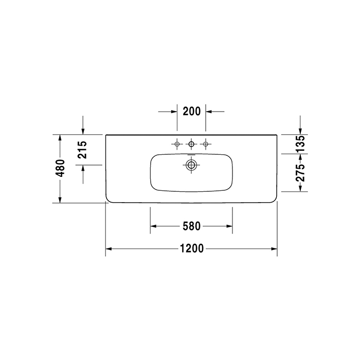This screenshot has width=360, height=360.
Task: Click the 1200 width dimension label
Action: (191, 249)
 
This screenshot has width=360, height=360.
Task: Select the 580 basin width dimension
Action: (191, 226)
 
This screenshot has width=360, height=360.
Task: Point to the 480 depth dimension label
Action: (60, 169)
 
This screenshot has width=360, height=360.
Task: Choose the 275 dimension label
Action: (300, 172)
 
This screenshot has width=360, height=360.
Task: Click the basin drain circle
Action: (191, 165)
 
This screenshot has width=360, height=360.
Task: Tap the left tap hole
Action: (177, 144)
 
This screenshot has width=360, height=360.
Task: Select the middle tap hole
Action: (191, 144)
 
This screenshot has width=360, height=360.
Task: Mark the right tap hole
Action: (206, 144)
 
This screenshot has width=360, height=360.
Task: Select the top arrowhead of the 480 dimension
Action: (60, 138)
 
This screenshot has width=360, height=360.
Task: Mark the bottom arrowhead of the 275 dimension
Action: (300, 188)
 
